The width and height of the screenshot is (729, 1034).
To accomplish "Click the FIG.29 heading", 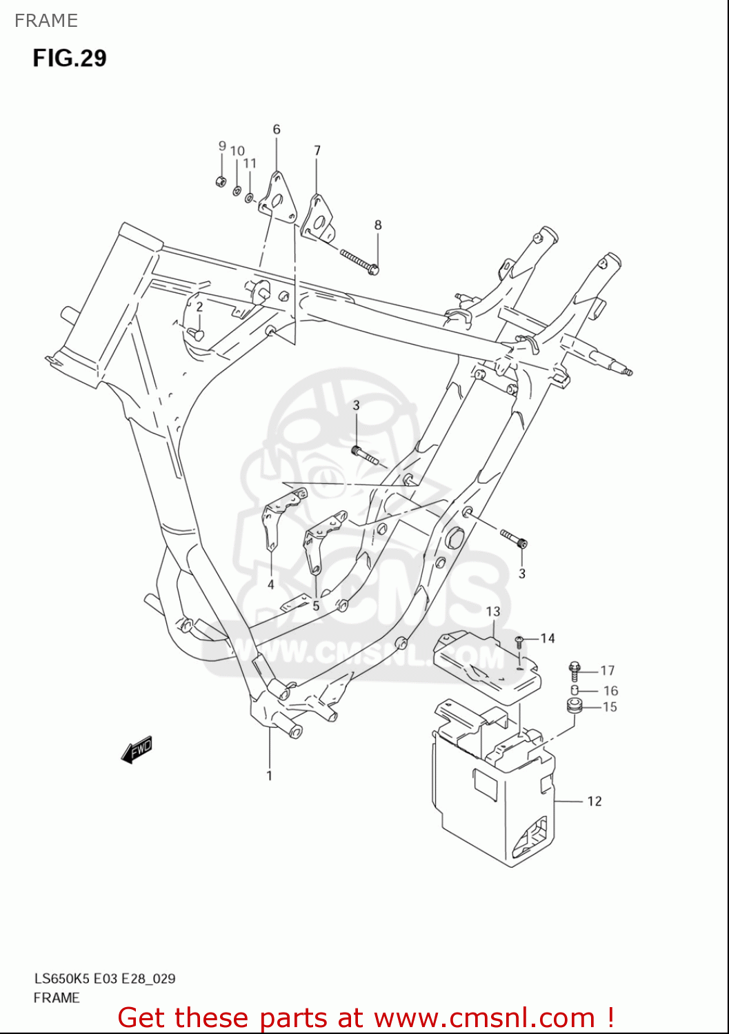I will click(70, 58).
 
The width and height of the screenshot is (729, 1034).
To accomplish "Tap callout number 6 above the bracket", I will click(277, 130).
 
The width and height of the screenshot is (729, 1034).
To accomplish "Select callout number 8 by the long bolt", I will click(378, 225).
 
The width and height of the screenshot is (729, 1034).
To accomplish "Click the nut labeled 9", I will click(221, 182).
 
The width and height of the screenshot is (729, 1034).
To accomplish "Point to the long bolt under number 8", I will click(359, 261).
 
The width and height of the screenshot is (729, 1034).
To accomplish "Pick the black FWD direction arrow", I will click(137, 750).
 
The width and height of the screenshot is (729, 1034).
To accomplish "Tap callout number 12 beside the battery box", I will click(595, 801).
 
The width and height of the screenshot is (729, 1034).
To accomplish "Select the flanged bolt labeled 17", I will click(575, 670).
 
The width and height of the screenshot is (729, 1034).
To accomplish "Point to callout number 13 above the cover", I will click(493, 611).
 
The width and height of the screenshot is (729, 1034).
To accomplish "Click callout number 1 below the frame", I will click(269, 775).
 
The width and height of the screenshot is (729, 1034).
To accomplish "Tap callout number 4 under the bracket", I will click(271, 585).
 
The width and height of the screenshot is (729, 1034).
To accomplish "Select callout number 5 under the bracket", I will click(316, 606).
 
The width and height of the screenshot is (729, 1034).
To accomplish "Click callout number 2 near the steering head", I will click(199, 307).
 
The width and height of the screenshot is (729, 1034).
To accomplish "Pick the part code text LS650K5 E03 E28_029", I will click(105, 978).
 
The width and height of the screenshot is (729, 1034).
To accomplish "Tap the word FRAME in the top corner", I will click(46, 21).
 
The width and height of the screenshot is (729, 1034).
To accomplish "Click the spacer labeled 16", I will click(575, 690).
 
